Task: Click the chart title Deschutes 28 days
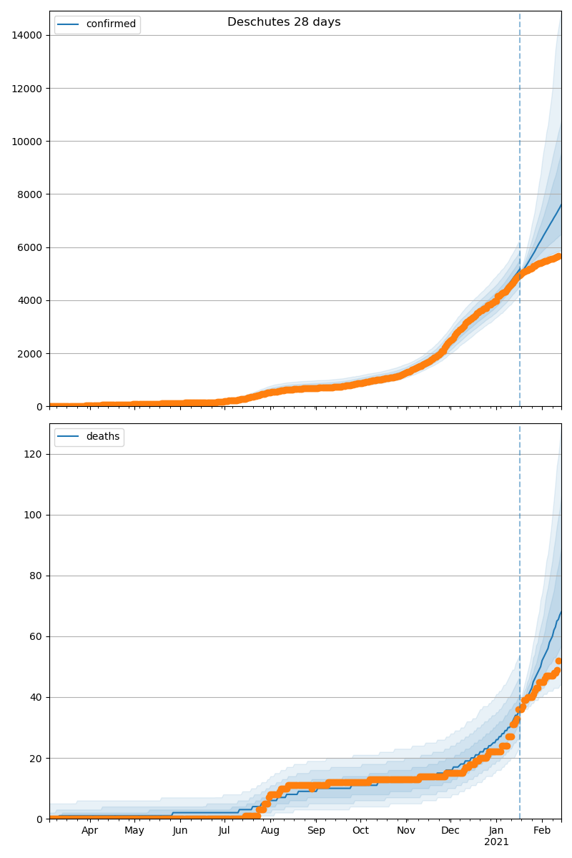[x=284, y=22]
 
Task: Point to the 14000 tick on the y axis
[x=28, y=35]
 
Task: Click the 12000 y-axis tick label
[x=28, y=88]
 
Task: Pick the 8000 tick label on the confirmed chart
[x=31, y=194]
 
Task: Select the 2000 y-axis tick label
[x=31, y=353]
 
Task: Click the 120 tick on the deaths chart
[x=34, y=454]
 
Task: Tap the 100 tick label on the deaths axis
[x=34, y=515]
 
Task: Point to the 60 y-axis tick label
[x=36, y=636]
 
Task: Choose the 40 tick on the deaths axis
[x=36, y=697]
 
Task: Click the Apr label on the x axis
[x=89, y=830]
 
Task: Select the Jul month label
[x=225, y=830]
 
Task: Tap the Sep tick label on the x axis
[x=316, y=830]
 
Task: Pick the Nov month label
[x=406, y=830]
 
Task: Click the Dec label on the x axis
[x=450, y=830]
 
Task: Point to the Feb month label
[x=542, y=830]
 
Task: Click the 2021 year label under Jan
[x=496, y=842]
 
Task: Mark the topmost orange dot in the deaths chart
[x=559, y=661]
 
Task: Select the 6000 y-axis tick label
[x=31, y=247]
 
